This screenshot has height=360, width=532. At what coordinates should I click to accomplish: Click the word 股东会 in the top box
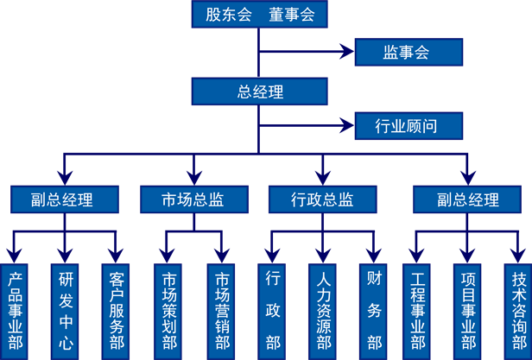229,15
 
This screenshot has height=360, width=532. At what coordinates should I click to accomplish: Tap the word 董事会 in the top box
291,15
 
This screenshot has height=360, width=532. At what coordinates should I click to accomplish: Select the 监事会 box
408,53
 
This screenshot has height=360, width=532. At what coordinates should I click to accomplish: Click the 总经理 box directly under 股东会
260,92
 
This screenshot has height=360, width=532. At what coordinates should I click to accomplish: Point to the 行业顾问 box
408,126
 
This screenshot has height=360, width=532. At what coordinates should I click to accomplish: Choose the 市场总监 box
193,199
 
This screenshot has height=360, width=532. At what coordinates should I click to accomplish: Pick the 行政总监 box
322,199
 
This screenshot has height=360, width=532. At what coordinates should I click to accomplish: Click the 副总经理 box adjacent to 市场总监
63,199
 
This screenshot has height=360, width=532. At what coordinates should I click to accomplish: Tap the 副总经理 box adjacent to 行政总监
467,199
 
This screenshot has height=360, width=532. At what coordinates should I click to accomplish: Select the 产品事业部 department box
15,311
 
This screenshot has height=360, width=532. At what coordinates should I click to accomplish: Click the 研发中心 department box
66,311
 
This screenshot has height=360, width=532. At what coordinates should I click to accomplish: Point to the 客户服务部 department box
117,311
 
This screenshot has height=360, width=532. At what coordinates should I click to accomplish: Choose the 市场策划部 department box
170,311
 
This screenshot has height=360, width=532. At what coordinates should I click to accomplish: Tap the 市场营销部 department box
222,311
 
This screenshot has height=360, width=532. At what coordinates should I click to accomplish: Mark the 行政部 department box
273,311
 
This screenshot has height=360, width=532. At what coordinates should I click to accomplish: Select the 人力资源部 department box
323,311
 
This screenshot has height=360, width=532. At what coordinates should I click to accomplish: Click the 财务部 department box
374,311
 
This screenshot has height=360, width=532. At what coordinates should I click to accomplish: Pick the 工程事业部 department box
417,311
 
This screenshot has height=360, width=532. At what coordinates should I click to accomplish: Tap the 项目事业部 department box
469,311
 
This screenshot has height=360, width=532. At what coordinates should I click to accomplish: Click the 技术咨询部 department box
519,311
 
